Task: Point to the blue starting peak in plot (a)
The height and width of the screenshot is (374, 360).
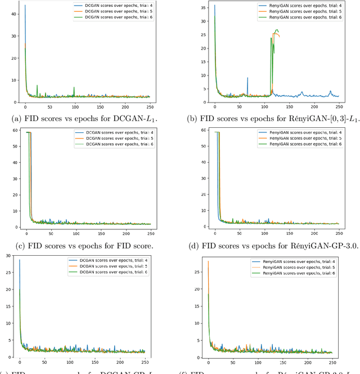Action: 25,6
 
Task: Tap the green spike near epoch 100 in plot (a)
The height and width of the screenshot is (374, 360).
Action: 74,88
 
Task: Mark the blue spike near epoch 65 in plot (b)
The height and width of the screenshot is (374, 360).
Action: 247,79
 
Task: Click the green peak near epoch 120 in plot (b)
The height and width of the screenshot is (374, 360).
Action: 276,30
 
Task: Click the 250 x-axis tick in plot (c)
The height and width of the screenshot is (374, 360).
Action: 151,232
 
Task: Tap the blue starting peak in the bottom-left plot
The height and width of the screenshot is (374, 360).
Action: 20,260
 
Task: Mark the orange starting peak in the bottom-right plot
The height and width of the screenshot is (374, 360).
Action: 209,261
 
